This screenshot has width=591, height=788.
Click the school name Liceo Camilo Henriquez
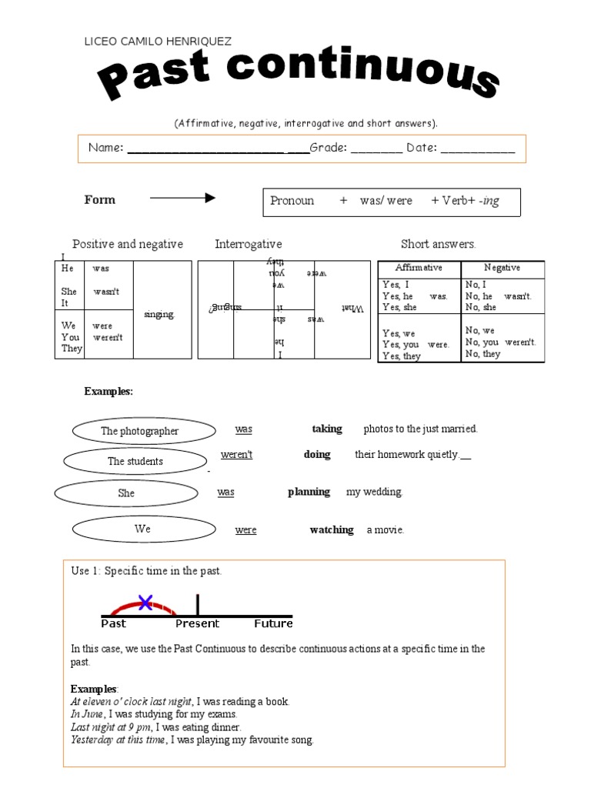(x=157, y=42)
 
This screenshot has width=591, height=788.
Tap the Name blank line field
(x=218, y=149)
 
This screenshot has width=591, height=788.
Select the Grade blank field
(x=376, y=149)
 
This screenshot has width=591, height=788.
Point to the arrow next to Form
(x=182, y=199)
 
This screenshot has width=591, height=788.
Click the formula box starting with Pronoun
(x=392, y=202)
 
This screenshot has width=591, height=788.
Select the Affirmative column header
(x=419, y=268)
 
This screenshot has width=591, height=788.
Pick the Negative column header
(x=502, y=268)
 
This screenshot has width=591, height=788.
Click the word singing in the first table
(x=159, y=314)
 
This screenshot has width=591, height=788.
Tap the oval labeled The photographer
(x=139, y=431)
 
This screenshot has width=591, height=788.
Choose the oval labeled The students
(x=135, y=462)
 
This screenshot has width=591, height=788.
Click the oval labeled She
(x=126, y=493)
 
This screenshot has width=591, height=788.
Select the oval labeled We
(x=142, y=529)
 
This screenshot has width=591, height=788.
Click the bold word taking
(x=327, y=429)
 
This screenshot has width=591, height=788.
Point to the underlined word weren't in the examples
(x=236, y=455)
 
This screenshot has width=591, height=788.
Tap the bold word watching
(x=332, y=529)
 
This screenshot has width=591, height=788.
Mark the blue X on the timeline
(x=145, y=603)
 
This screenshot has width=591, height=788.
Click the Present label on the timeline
(x=197, y=623)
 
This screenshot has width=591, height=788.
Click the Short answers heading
(x=438, y=244)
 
